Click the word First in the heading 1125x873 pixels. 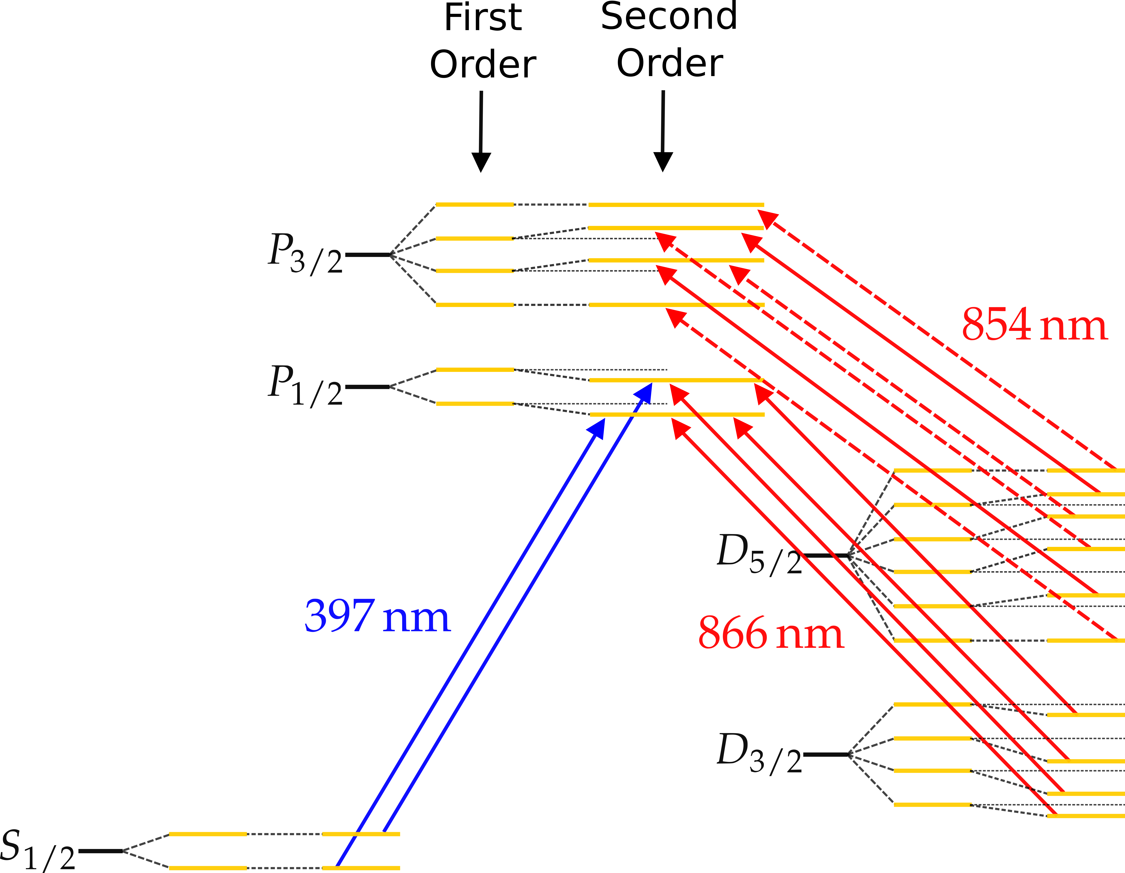(x=483, y=18)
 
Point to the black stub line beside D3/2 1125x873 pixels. (x=826, y=754)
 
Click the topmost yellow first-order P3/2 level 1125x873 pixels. (x=475, y=205)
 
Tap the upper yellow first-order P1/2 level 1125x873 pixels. (x=475, y=369)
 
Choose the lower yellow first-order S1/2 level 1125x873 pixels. (x=208, y=868)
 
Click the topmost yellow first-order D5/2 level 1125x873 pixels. (x=933, y=471)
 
